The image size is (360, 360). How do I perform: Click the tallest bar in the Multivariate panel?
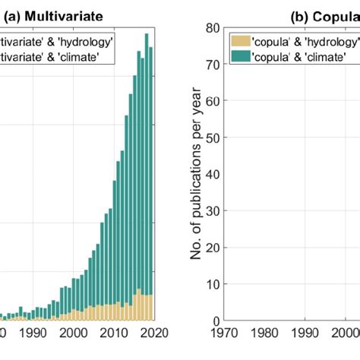pos(147,175)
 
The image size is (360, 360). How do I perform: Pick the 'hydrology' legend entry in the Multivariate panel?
pos(57,40)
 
